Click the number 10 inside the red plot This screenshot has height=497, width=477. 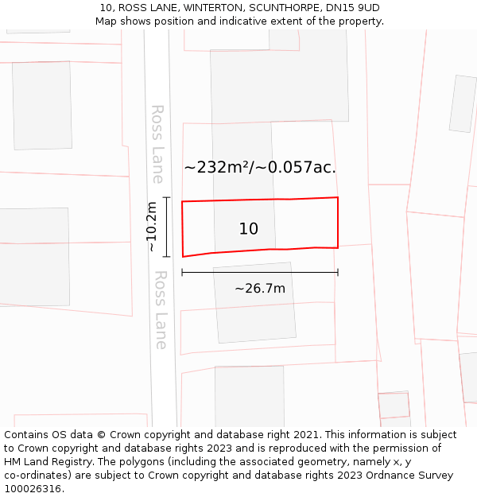[249, 229]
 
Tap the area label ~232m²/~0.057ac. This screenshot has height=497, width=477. [260, 167]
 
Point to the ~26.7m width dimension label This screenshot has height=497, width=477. [260, 288]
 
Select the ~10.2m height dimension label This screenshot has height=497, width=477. [151, 227]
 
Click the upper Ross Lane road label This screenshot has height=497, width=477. [157, 133]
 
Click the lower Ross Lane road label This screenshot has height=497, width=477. [160, 310]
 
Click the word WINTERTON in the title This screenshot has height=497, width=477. [199, 8]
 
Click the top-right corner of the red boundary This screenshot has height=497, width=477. [338, 197]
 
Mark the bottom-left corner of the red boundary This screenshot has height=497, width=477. [183, 257]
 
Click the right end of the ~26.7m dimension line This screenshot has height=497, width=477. [338, 272]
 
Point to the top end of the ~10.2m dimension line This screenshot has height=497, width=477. [166, 197]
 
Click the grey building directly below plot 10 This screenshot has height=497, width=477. [254, 302]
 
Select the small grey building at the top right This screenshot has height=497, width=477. [463, 104]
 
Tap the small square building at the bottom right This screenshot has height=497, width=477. [394, 406]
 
